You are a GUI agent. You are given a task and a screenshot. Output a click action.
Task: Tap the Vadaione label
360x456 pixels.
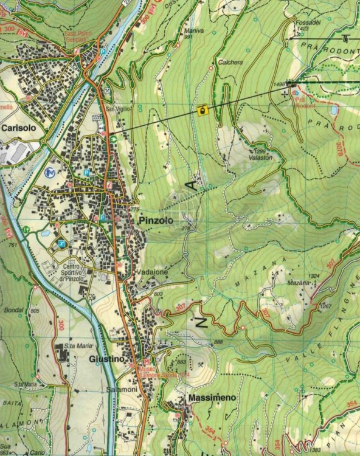click(x=152, y=273)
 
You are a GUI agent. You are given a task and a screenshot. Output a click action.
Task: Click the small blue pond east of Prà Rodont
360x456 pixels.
click(x=334, y=111)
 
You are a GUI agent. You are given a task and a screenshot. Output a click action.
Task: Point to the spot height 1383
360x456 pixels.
click(x=314, y=449)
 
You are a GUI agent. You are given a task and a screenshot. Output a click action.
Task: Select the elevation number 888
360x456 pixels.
click(x=218, y=342)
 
